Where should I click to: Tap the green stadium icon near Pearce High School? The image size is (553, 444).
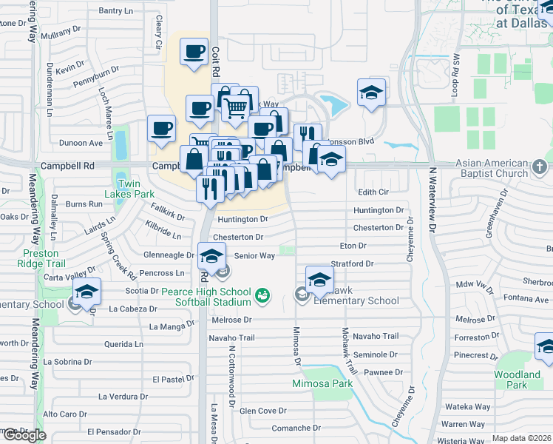(x=261, y=297)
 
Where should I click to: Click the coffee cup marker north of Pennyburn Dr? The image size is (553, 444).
(x=194, y=52)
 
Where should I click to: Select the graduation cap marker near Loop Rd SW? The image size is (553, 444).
(x=371, y=92)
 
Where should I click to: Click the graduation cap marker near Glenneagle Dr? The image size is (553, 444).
(x=211, y=257)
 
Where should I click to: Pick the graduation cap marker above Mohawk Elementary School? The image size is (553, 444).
(x=319, y=280)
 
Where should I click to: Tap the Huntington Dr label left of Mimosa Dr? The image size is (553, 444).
(x=242, y=219)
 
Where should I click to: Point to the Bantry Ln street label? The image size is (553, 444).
(x=120, y=11)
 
